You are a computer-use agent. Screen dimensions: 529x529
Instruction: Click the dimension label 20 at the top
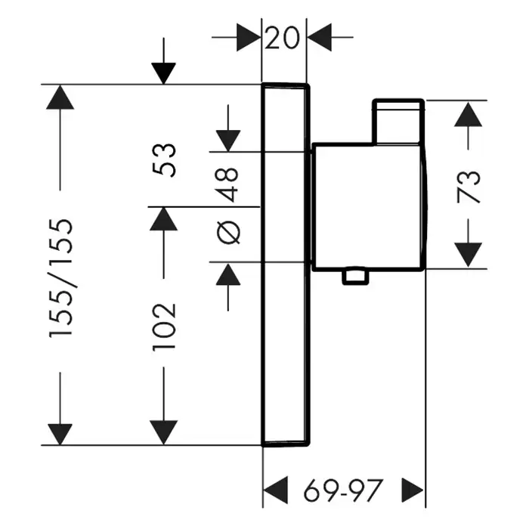(283, 36)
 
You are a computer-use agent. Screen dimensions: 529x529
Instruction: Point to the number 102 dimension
(164, 326)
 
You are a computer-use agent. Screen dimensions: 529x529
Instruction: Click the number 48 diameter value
(230, 184)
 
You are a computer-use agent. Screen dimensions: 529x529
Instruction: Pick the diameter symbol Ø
(230, 233)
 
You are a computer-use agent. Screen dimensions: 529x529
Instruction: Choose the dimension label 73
(470, 187)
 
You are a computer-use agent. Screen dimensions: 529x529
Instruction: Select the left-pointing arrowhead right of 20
(320, 37)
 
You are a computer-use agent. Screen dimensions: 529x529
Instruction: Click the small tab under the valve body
(354, 277)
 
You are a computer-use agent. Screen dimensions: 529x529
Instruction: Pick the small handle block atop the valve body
(399, 120)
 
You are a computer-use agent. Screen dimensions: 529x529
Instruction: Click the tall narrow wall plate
(285, 264)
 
